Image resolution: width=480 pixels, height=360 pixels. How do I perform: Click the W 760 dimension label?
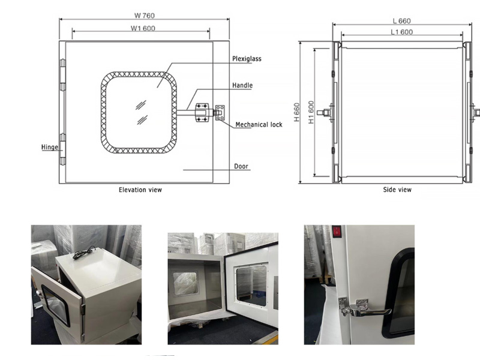tap(145, 16)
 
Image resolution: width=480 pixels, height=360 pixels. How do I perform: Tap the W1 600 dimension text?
tap(143, 28)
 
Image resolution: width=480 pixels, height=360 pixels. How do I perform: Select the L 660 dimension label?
tap(401, 21)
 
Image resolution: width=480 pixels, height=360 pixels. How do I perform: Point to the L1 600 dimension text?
tap(401, 32)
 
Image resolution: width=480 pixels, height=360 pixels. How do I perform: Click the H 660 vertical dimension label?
tap(296, 112)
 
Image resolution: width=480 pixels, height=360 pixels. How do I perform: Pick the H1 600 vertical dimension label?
tap(311, 112)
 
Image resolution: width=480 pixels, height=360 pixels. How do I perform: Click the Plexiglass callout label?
tap(247, 59)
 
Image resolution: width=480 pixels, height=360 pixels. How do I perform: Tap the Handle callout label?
tap(242, 85)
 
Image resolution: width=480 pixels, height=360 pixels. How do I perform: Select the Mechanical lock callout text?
tap(259, 125)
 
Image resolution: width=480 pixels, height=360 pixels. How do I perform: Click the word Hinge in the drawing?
tap(50, 147)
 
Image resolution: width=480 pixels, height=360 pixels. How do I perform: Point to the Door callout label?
tap(241, 166)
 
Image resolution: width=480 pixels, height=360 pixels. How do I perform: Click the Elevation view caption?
tap(140, 190)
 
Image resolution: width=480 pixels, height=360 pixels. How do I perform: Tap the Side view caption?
tap(397, 190)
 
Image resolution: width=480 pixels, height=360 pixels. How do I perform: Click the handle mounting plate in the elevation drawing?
tap(202, 113)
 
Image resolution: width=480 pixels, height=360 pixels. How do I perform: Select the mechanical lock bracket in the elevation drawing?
tap(220, 113)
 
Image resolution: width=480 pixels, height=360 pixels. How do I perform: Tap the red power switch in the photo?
tap(337, 232)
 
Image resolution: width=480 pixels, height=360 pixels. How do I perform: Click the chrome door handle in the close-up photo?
tap(364, 309)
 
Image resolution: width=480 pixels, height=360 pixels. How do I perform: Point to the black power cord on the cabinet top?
tap(83, 253)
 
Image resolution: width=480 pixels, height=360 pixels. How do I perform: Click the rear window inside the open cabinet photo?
tap(185, 283)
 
